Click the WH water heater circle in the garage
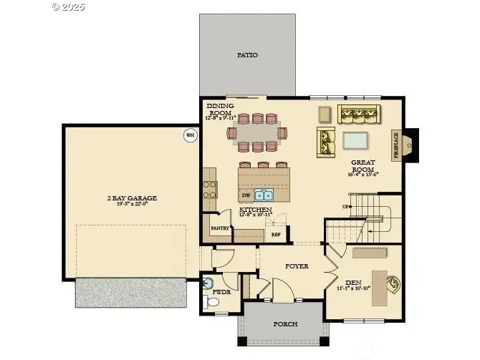click(x=190, y=135)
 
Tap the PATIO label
click(x=247, y=54)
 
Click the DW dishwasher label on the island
click(x=246, y=195)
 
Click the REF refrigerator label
click(x=276, y=233)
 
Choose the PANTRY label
click(x=220, y=228)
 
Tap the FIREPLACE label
click(x=395, y=145)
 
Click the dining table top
click(x=256, y=133)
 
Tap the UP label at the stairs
click(x=346, y=207)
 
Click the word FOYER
click(x=297, y=266)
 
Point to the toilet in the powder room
click(x=213, y=303)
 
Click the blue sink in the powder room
click(x=208, y=281)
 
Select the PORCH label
click(x=285, y=323)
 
